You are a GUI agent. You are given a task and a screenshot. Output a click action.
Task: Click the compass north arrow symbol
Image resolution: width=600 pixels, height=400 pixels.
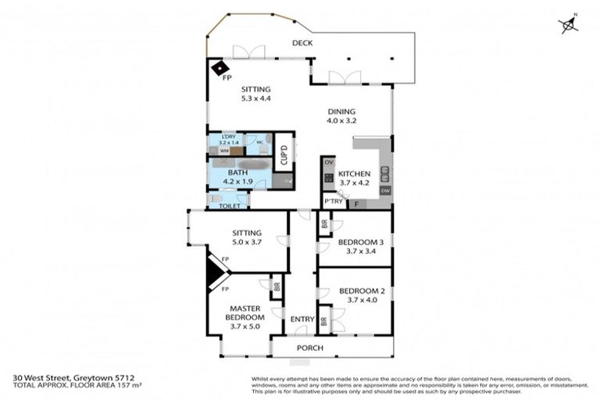570,25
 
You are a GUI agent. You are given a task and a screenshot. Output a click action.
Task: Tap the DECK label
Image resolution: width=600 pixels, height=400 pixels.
302,43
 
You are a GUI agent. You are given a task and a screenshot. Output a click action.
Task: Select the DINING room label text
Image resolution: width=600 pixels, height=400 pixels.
341,112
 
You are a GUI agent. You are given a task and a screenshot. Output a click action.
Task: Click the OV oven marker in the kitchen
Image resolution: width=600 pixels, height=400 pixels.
328,162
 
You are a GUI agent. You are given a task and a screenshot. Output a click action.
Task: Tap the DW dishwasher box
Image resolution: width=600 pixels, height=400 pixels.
385,191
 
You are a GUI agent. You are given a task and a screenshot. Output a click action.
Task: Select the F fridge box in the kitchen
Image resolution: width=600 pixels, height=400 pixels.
358,204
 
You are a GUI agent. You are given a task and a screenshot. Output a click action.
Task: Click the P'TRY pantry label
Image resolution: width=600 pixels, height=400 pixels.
334,202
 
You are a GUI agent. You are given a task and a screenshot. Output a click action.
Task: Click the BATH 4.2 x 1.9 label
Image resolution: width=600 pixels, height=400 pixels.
238,177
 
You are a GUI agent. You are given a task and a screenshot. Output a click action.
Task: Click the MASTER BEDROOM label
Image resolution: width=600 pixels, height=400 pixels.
244,313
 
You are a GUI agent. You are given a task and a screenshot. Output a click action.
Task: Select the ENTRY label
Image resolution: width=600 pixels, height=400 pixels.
302,319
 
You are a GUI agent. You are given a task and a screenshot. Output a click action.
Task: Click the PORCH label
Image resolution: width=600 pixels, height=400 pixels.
309,348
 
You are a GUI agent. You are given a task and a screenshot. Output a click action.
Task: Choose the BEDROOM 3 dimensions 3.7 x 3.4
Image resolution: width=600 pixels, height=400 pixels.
358,252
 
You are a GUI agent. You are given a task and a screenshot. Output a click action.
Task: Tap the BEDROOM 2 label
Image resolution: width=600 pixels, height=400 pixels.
358,291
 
